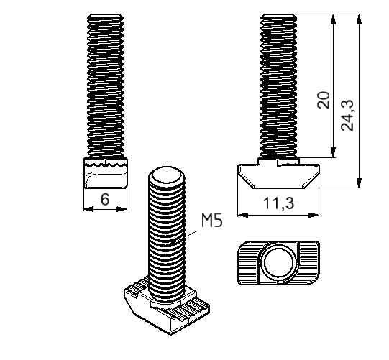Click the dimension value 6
coord(105,199)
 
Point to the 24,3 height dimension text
coord(347,114)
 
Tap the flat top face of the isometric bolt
coord(165,175)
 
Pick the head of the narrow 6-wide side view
coord(105,174)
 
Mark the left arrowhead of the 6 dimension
coord(88,209)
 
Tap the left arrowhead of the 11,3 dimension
coord(241,213)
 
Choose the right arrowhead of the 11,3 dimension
coord(316,213)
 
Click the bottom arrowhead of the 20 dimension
coord(333,153)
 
